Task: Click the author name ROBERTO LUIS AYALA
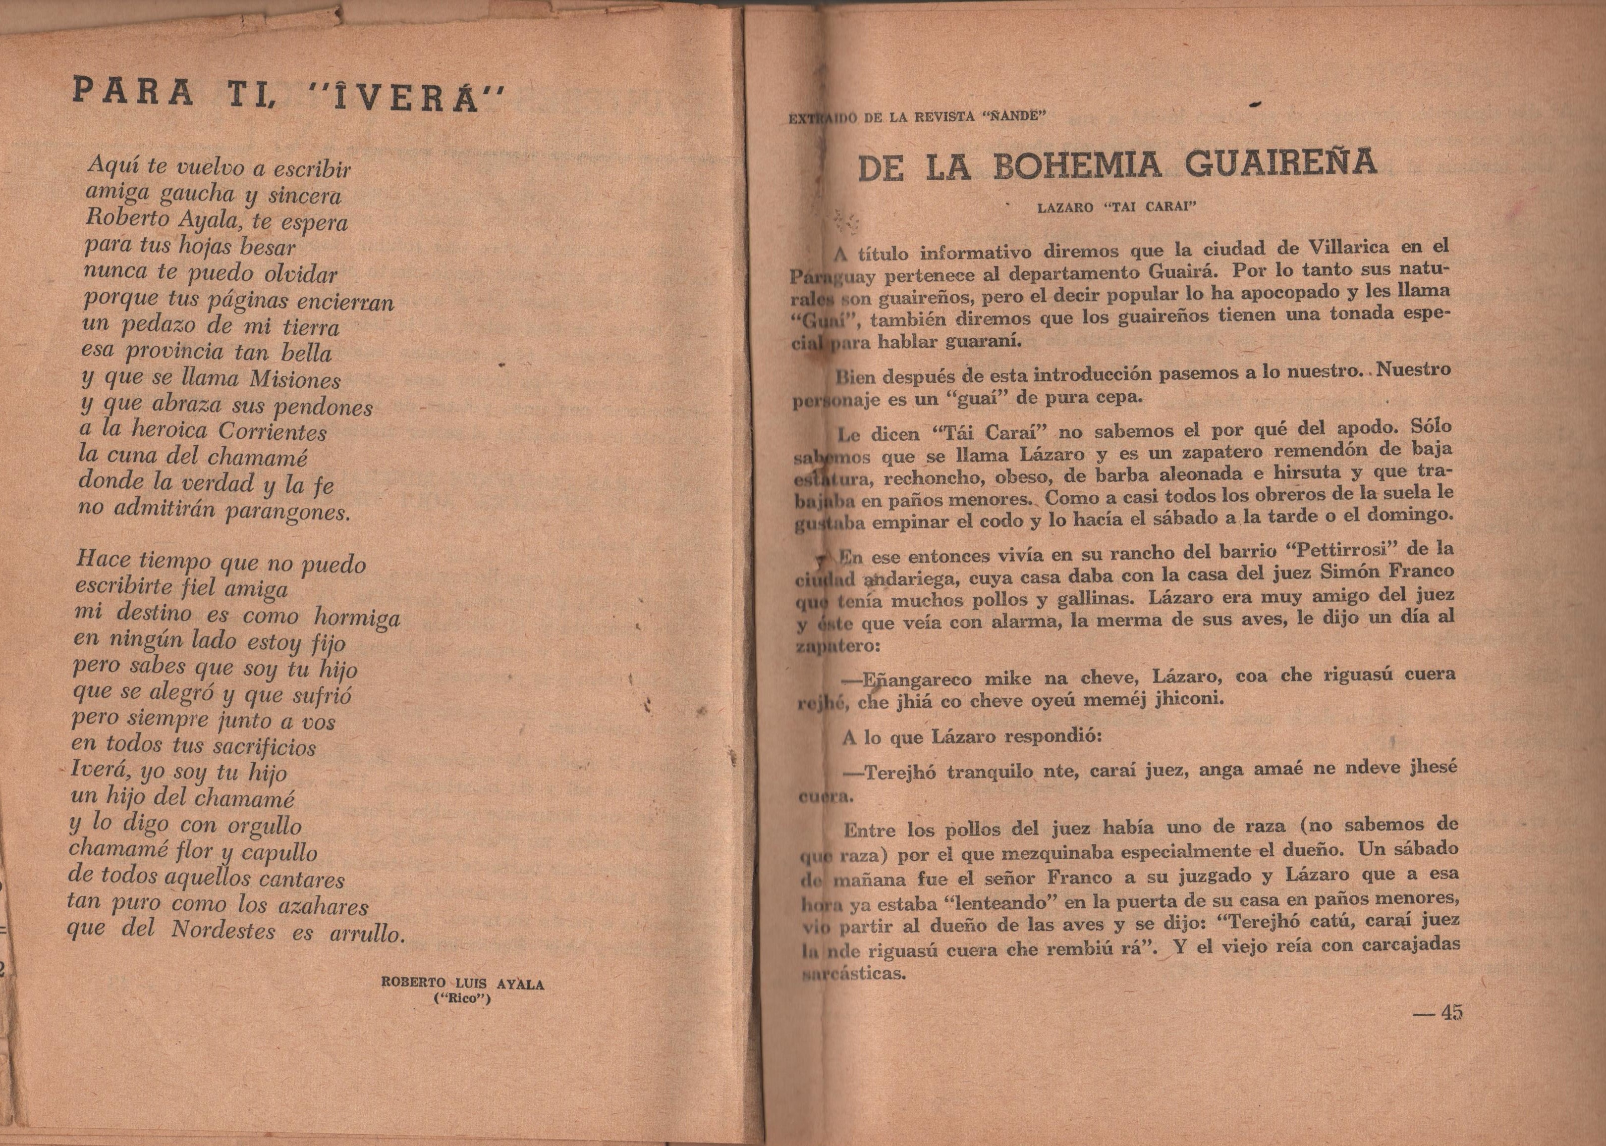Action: (462, 984)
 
